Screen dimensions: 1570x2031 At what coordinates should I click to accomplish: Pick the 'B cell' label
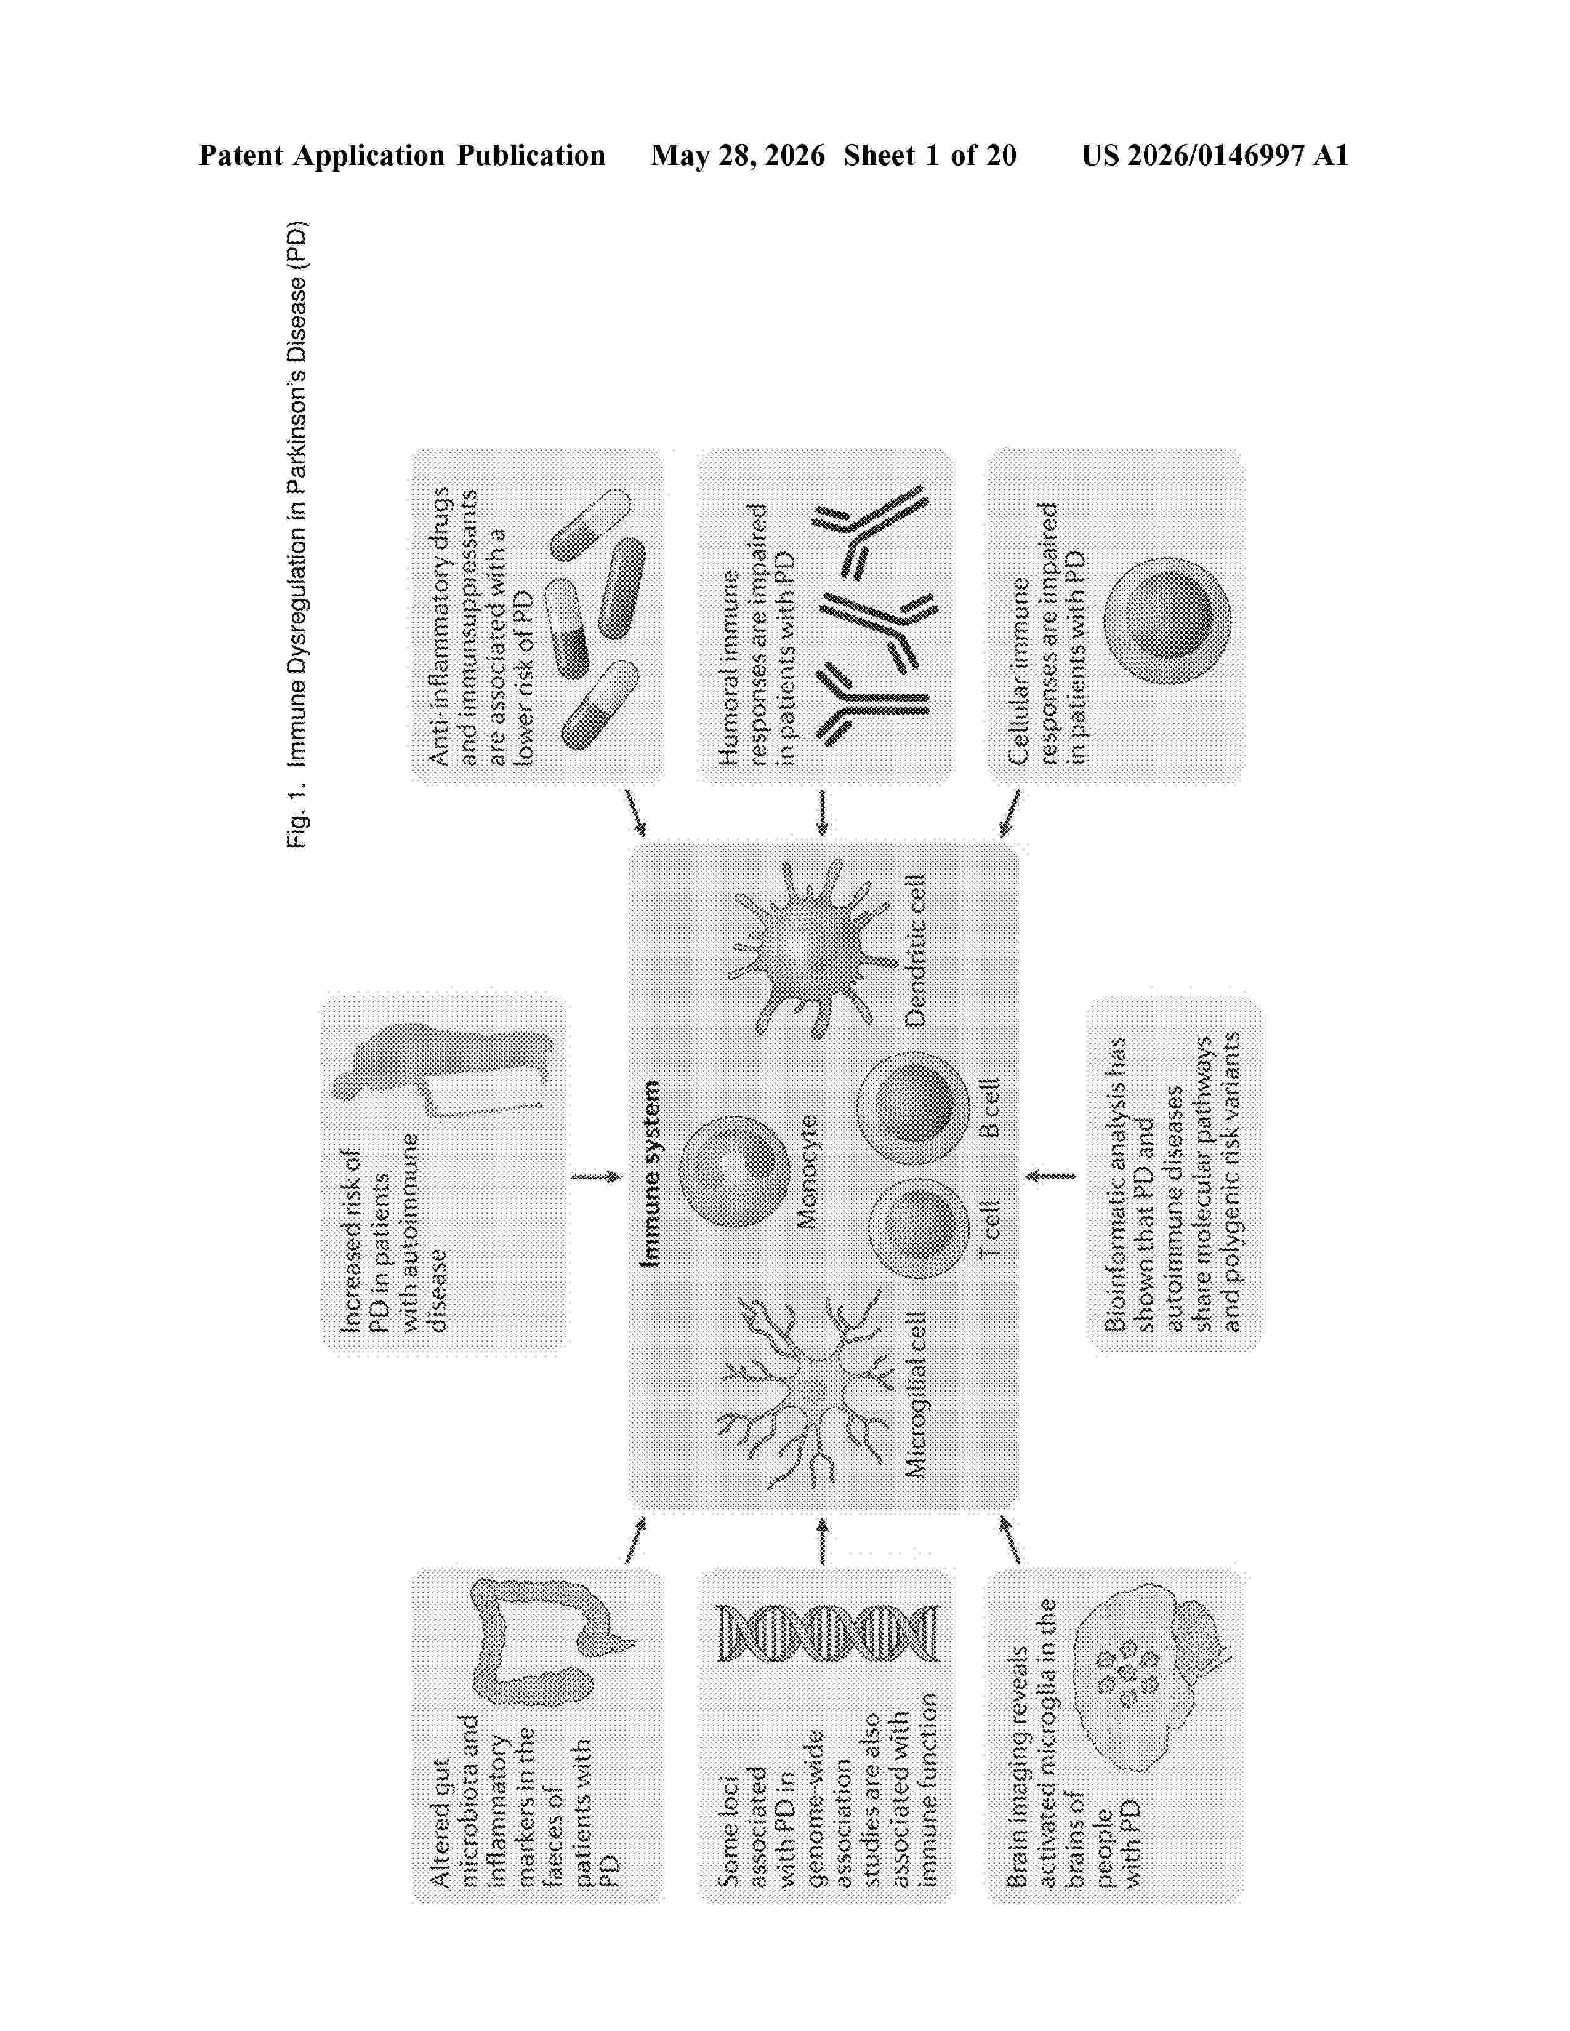(x=991, y=1108)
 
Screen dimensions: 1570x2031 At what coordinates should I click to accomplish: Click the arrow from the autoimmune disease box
(x=596, y=1176)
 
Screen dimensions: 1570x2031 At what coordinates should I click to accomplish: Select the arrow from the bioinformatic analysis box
(x=1049, y=1176)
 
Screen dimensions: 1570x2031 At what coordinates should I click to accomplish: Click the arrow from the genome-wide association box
(x=821, y=1541)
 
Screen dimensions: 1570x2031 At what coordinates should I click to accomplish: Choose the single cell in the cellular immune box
(x=1166, y=620)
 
